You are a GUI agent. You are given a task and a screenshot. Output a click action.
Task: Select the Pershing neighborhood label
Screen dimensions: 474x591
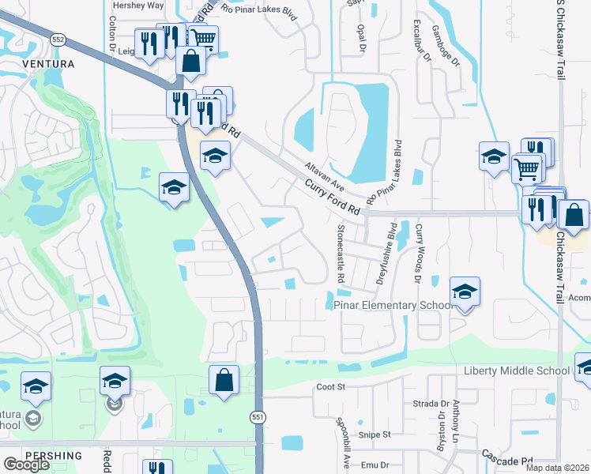53,456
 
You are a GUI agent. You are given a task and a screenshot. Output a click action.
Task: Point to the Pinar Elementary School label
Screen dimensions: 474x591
391,305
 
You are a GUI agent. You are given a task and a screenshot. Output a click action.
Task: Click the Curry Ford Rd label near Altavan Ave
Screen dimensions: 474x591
333,197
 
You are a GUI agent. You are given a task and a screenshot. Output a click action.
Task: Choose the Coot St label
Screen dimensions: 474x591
332,387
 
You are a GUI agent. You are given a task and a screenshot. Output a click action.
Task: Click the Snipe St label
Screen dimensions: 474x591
375,434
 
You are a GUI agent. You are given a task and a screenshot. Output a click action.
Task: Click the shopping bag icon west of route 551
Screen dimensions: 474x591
224,379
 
